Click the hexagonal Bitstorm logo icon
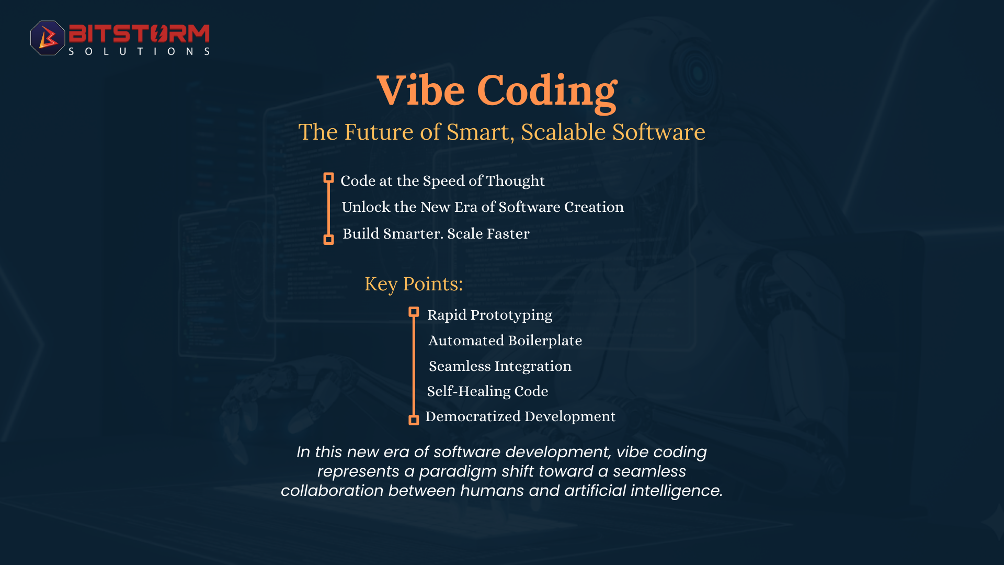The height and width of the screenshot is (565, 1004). pos(48,38)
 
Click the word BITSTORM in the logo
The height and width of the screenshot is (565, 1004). pos(139,33)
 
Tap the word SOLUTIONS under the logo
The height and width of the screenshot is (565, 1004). pos(139,51)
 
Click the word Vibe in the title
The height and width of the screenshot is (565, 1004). pos(421,90)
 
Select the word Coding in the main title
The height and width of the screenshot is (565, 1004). pos(547,92)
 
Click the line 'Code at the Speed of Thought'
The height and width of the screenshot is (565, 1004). pos(442,181)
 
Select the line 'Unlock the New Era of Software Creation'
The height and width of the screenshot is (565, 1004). pos(483,207)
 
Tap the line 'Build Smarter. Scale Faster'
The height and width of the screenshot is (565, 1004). pos(436,233)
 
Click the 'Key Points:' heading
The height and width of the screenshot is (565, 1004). pos(414,284)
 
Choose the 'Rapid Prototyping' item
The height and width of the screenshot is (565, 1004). pos(489,315)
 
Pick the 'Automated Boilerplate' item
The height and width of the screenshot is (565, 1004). pos(505,341)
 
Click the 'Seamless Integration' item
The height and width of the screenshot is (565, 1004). pos(500,366)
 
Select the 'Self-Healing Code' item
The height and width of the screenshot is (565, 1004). pos(487,391)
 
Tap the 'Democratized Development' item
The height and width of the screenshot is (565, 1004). pos(520,416)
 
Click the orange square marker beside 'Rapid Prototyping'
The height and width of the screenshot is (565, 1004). pos(414,312)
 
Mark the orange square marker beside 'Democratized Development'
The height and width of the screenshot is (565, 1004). pos(414,420)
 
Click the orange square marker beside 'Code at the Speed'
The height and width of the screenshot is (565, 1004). pos(328,178)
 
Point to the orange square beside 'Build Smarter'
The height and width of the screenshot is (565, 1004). pos(328,240)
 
